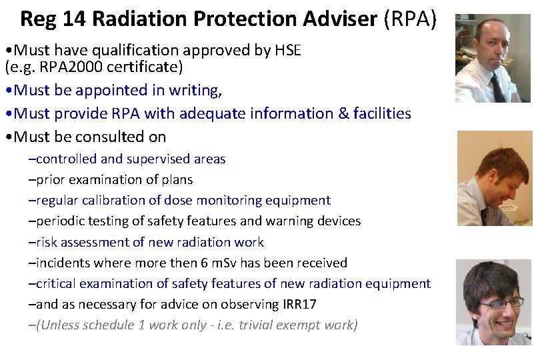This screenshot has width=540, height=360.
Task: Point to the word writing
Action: click(x=198, y=89)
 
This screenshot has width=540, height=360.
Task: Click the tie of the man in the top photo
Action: click(x=497, y=87)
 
